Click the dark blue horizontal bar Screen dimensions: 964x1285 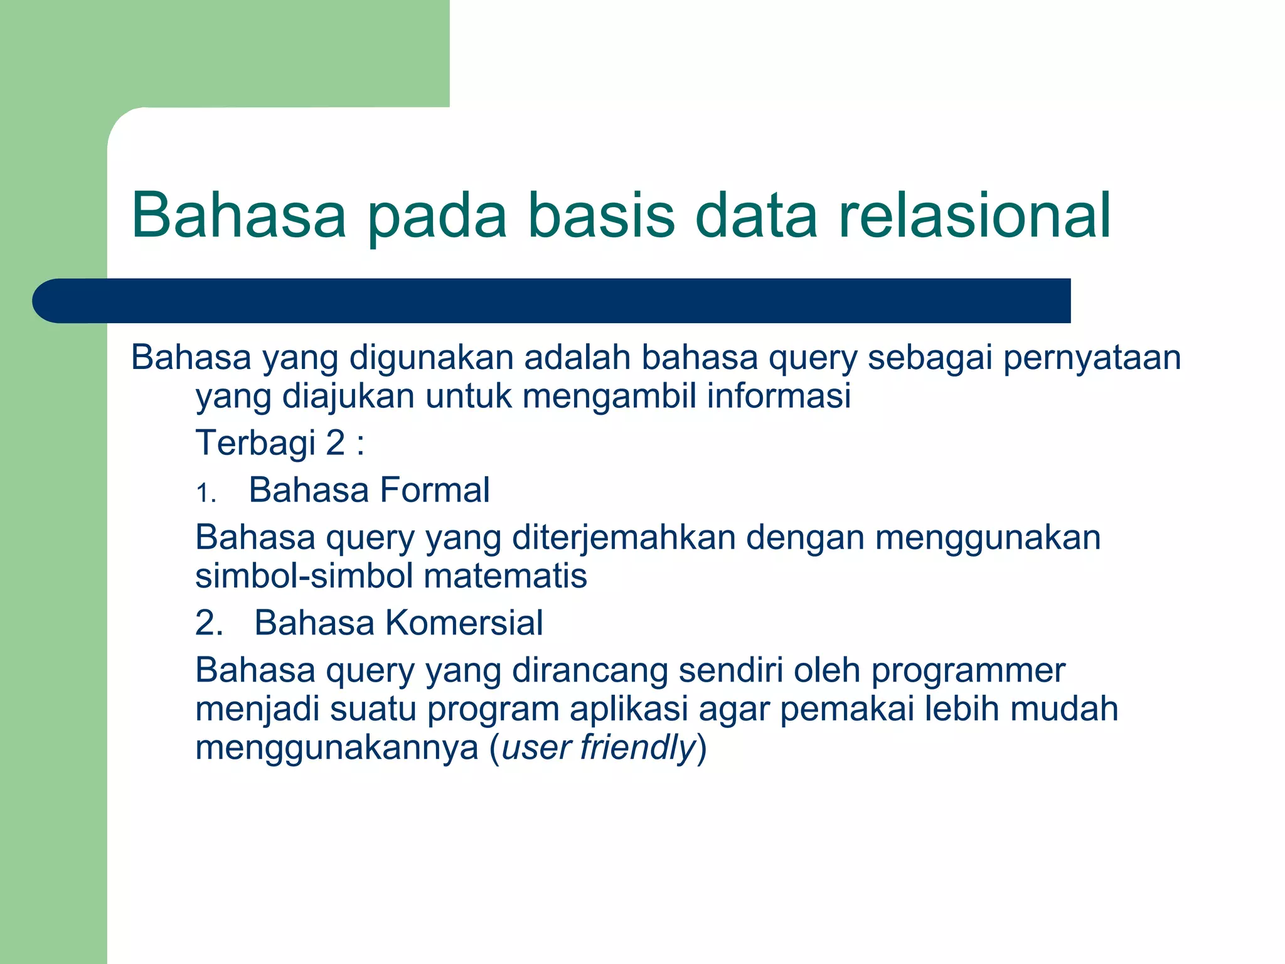552,301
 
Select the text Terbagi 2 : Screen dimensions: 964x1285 280,443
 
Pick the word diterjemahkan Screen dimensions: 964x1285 624,538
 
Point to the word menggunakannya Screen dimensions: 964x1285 337,748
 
